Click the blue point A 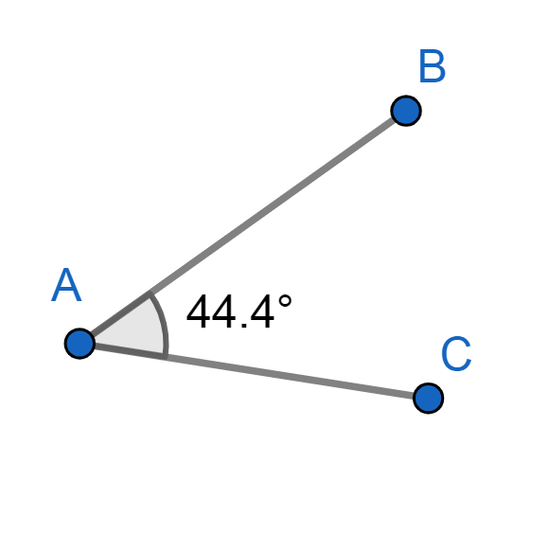click(80, 344)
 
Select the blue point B click(406, 111)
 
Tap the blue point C click(428, 399)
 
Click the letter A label click(66, 285)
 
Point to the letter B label click(432, 66)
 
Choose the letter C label click(456, 354)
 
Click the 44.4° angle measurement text click(239, 311)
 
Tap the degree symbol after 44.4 click(285, 301)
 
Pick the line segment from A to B click(243, 227)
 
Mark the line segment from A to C click(254, 371)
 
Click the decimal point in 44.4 click(244, 325)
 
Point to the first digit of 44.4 click(199, 311)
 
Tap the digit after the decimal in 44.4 click(262, 311)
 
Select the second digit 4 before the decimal click(224, 311)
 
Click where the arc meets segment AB click(150, 294)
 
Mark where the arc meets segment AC click(166, 357)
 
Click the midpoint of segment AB click(243, 227)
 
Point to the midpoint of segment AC click(254, 371)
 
